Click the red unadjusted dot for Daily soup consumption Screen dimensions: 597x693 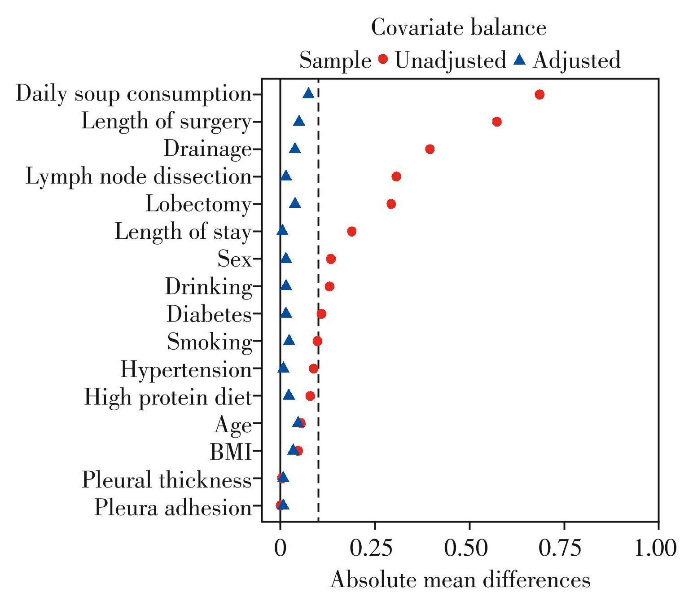point(539,94)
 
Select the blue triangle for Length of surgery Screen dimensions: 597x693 point(299,121)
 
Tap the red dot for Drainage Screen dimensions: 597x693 point(430,149)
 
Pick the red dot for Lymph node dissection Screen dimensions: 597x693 point(396,176)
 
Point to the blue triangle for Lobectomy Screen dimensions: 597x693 point(295,204)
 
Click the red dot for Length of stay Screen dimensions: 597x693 point(351,231)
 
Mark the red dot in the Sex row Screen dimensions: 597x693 point(331,259)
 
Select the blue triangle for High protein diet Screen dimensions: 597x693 point(289,395)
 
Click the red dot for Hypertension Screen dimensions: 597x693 point(314,369)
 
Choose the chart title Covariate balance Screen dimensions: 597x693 point(459,28)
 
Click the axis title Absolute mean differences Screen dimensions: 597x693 point(460,579)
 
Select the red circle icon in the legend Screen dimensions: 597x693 point(383,59)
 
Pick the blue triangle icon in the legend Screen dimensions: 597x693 point(519,59)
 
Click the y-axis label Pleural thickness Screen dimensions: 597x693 point(167,480)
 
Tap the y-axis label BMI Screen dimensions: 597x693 point(230,452)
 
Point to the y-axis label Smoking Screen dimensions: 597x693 point(210,342)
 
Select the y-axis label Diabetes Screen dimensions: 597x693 point(209,314)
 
